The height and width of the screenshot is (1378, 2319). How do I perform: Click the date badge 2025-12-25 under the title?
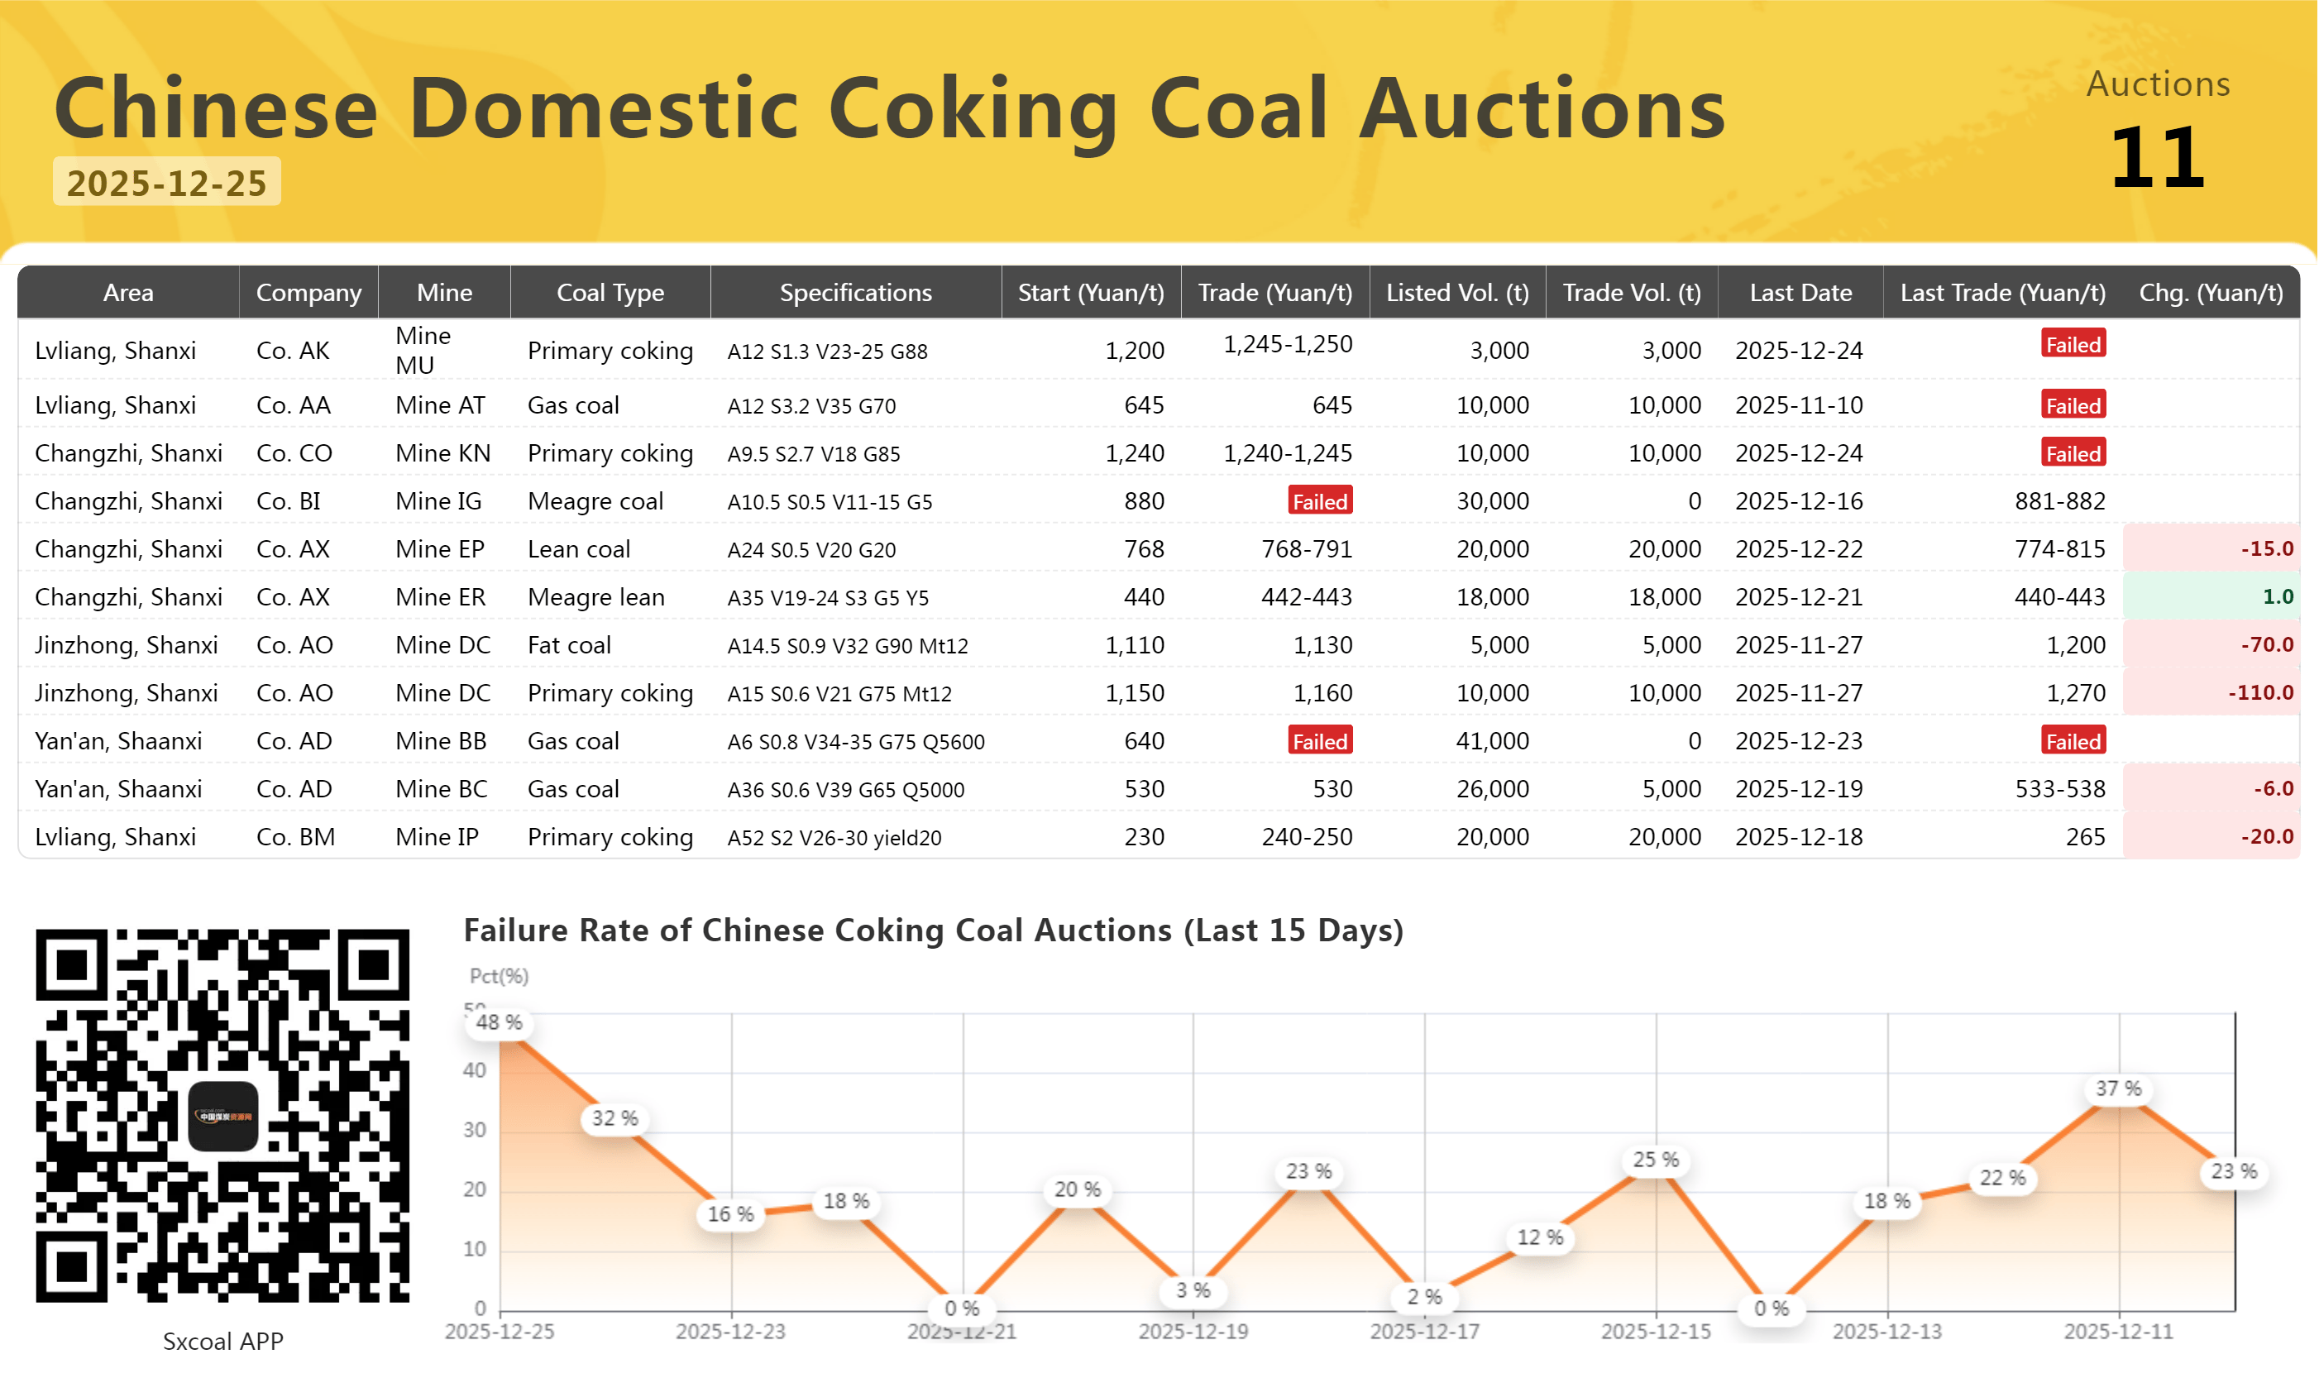(167, 182)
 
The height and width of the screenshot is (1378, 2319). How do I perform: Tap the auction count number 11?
(2158, 157)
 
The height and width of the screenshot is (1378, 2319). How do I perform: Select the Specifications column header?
(855, 293)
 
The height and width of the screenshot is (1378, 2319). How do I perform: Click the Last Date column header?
(1800, 293)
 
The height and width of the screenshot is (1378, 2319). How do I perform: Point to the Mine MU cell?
(423, 350)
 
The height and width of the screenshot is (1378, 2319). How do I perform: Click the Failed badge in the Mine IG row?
(1320, 500)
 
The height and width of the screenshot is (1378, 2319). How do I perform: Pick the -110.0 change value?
(2260, 692)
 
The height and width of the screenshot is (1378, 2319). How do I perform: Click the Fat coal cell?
(569, 645)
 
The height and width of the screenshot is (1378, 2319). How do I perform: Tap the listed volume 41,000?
(1492, 741)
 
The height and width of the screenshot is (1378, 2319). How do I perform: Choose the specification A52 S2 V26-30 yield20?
(834, 838)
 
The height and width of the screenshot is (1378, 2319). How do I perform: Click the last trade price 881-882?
(2059, 501)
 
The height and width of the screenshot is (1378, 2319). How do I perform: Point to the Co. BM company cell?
(295, 838)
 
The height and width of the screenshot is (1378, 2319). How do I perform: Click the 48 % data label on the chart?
(500, 1022)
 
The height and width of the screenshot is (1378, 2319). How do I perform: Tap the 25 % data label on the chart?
(1655, 1160)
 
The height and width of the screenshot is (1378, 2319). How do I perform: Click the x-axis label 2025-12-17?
(1424, 1332)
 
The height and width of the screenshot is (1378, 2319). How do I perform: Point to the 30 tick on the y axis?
(475, 1130)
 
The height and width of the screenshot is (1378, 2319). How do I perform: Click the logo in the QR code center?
(222, 1116)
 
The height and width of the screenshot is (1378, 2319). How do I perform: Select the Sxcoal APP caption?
(222, 1342)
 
